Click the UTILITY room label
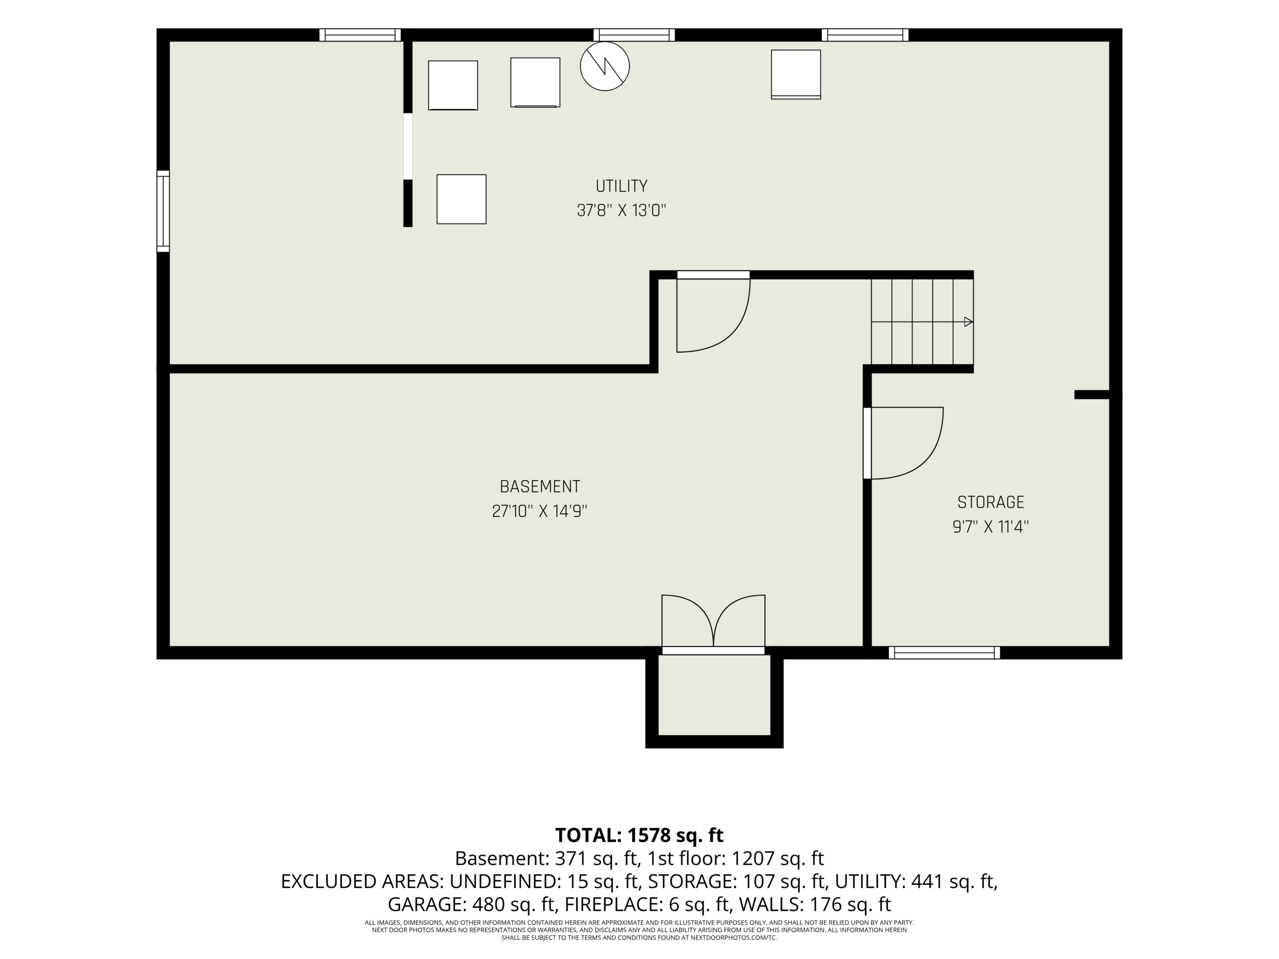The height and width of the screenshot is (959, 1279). pos(622,186)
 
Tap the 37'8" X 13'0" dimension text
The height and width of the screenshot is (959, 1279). pos(622,210)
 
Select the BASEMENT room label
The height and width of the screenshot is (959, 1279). pos(540,486)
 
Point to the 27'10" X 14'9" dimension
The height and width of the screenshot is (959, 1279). pos(540,511)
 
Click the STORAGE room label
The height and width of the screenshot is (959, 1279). pos(990,502)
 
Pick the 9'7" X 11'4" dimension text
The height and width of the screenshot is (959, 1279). pos(990,526)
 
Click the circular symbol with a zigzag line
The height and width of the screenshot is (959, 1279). pos(605,66)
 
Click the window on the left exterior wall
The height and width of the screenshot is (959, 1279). pos(163,211)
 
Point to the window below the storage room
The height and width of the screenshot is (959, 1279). pos(944,653)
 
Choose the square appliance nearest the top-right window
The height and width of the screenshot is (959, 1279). pos(795,74)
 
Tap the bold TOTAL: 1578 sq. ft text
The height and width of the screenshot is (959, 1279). pos(639,835)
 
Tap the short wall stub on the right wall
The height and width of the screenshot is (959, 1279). pos(1092,395)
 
